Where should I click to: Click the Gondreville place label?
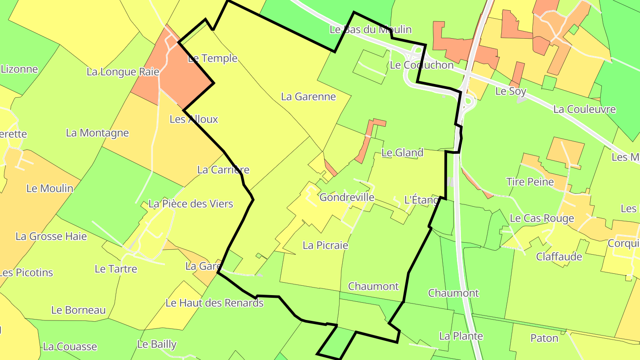click(347, 197)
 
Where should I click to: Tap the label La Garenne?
click(308, 96)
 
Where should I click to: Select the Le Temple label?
click(213, 58)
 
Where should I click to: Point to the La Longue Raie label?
click(123, 72)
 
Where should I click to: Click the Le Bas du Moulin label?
click(371, 30)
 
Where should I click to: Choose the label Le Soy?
click(511, 92)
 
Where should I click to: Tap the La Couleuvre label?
click(584, 109)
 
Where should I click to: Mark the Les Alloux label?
click(194, 119)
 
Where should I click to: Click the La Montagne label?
click(97, 132)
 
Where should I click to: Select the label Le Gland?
click(402, 153)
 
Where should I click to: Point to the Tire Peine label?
click(530, 182)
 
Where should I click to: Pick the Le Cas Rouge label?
click(542, 218)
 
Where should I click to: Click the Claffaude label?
click(559, 256)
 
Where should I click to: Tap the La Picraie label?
click(325, 245)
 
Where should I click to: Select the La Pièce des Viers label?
click(191, 204)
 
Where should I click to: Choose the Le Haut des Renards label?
click(214, 303)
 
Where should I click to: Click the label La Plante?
click(461, 336)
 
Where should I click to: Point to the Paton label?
click(544, 338)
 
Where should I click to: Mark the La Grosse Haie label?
click(51, 236)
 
